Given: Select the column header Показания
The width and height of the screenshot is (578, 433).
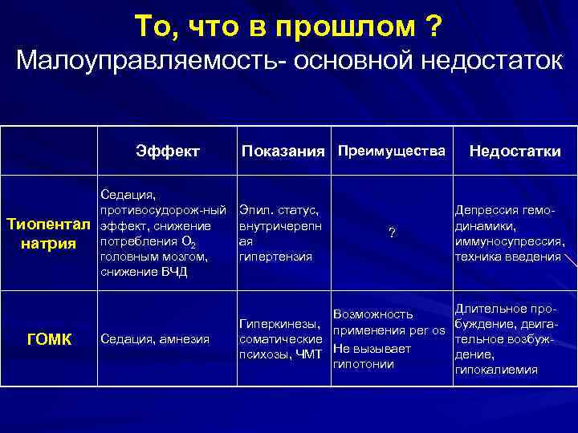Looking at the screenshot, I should click(284, 152).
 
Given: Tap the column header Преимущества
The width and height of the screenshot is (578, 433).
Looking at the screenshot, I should click(390, 151).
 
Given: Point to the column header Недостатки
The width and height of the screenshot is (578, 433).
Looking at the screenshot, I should click(515, 152).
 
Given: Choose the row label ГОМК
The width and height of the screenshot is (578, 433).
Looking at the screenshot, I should click(49, 339).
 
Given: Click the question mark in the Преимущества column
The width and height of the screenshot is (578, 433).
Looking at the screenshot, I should click(391, 233).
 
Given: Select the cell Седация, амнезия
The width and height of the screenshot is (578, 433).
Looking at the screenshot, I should click(155, 339).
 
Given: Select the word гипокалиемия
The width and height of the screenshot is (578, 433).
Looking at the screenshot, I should click(495, 370).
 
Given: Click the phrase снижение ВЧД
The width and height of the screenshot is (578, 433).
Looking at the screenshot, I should click(144, 272).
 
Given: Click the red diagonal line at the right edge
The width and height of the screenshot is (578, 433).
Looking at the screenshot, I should click(570, 261).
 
